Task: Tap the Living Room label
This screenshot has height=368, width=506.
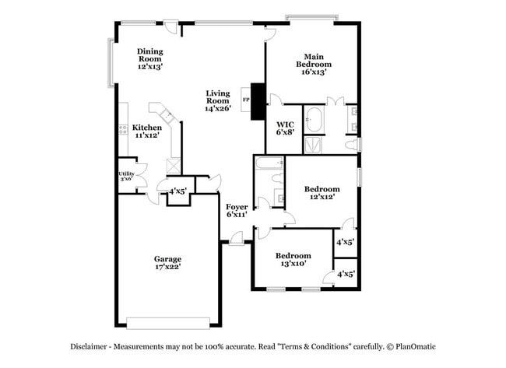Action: tap(218, 96)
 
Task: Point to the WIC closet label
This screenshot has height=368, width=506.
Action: tap(284, 123)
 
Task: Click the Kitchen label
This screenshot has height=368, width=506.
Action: tap(146, 128)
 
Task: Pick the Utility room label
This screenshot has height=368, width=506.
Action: tap(125, 173)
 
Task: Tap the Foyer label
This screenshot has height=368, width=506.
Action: tap(237, 207)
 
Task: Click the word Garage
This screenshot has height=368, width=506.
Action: tap(167, 259)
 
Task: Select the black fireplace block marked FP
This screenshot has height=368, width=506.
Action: tap(254, 100)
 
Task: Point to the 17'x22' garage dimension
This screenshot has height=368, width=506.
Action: tap(167, 268)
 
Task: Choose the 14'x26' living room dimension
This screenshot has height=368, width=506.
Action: tap(218, 109)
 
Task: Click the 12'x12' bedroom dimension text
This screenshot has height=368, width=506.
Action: tap(322, 198)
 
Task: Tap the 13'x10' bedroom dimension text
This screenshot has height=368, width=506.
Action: tap(293, 264)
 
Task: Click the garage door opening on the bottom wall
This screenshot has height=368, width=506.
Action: tap(168, 323)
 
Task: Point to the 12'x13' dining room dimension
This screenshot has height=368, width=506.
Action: tap(149, 67)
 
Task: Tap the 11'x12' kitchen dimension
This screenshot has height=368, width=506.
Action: tap(146, 136)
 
